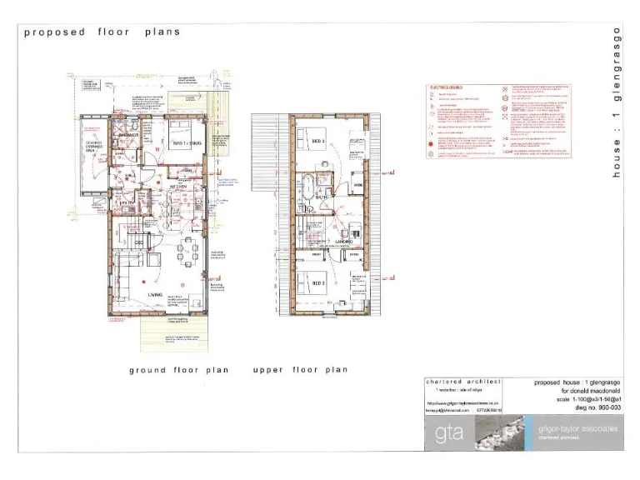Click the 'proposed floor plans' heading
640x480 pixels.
[x=102, y=32]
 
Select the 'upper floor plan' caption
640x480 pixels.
[x=300, y=369]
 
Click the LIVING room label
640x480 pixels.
[x=156, y=294]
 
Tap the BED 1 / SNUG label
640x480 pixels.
[x=186, y=143]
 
